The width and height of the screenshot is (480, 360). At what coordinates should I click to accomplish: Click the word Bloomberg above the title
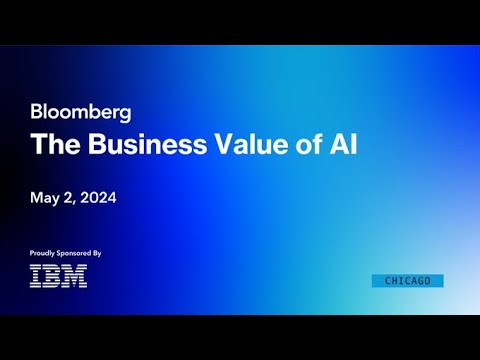81,112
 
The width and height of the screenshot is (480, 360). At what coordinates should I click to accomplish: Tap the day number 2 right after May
70,198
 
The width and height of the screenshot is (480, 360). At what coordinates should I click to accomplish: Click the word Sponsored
75,254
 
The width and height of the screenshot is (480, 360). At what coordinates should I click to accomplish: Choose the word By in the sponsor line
97,254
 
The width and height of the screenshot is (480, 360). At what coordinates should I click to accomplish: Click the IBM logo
58,276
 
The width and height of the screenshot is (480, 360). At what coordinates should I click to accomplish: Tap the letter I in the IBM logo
36,276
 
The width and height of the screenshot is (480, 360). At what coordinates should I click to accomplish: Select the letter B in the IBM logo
52,276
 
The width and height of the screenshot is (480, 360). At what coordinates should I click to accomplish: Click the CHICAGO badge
407,281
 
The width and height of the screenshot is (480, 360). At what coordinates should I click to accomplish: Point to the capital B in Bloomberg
37,112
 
